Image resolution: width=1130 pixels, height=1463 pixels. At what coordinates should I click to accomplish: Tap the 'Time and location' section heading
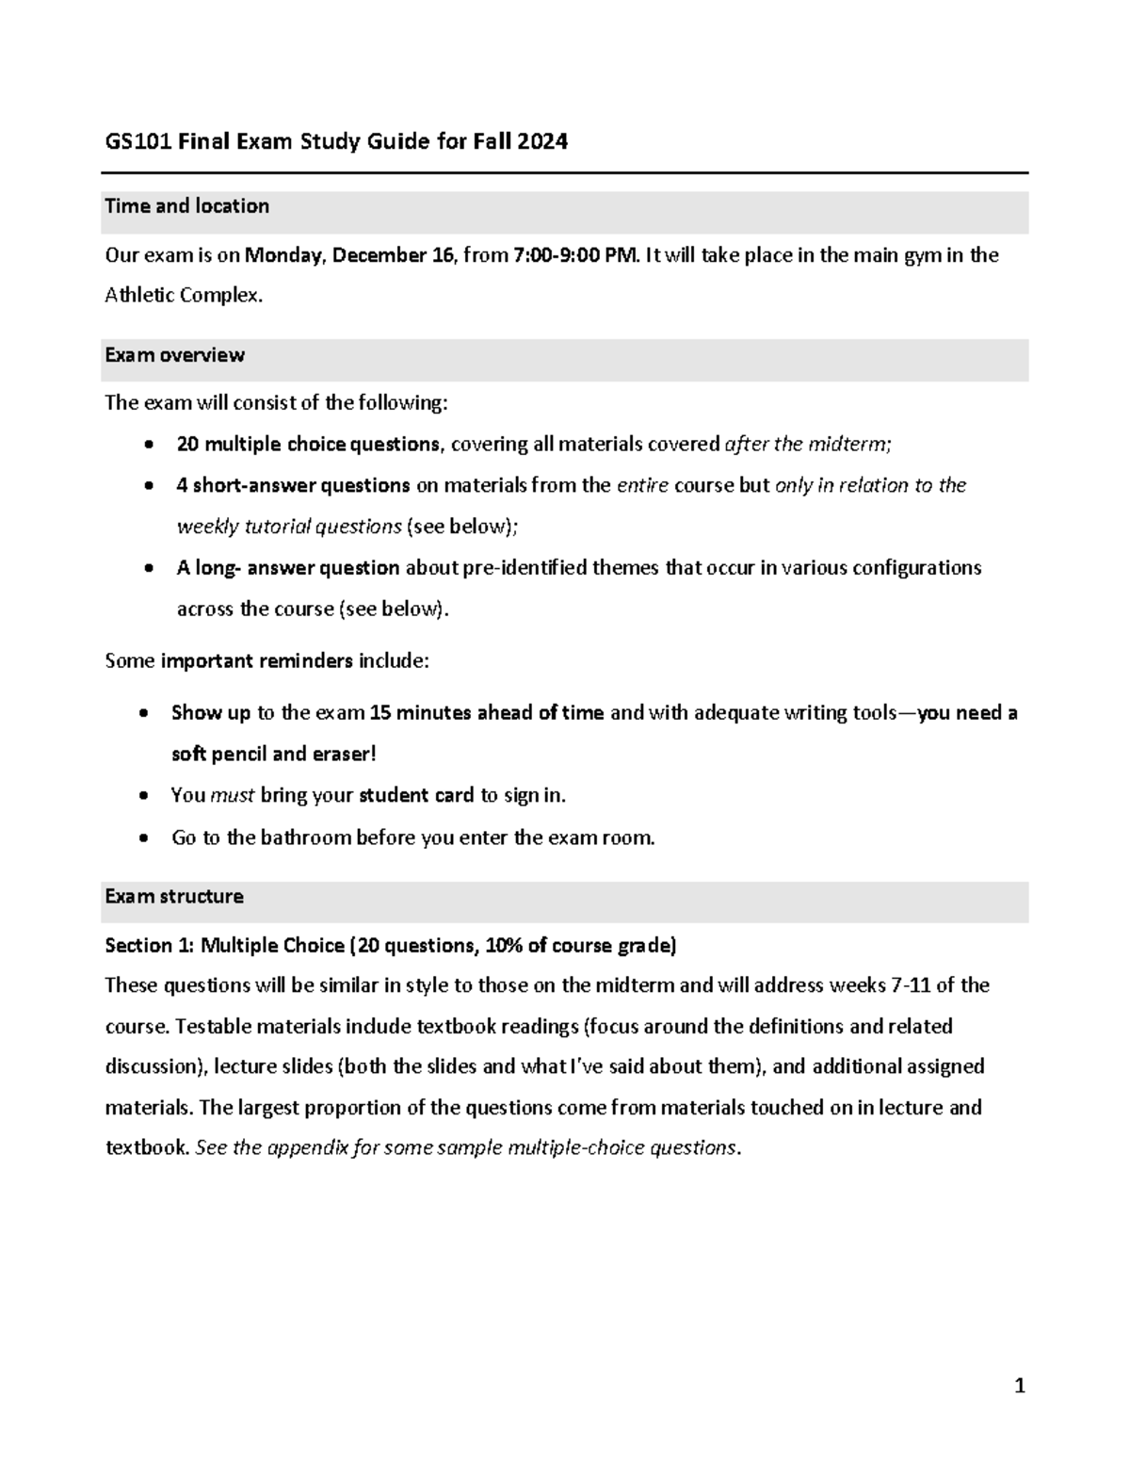[186, 206]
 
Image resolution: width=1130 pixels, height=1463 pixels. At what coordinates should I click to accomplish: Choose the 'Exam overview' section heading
[174, 355]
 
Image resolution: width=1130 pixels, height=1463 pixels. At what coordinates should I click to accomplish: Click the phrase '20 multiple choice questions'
[308, 444]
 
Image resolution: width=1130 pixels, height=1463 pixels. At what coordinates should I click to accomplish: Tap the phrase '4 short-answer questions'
[293, 485]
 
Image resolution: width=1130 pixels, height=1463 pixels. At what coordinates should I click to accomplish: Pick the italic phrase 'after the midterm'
[805, 444]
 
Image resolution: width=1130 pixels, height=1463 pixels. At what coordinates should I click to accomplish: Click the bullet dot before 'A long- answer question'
[149, 569]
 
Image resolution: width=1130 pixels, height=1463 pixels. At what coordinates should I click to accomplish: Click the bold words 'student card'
[416, 795]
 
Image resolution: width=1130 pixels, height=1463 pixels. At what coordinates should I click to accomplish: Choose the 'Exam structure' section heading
[174, 896]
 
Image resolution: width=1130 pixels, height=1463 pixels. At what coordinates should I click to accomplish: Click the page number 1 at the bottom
[1019, 1386]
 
